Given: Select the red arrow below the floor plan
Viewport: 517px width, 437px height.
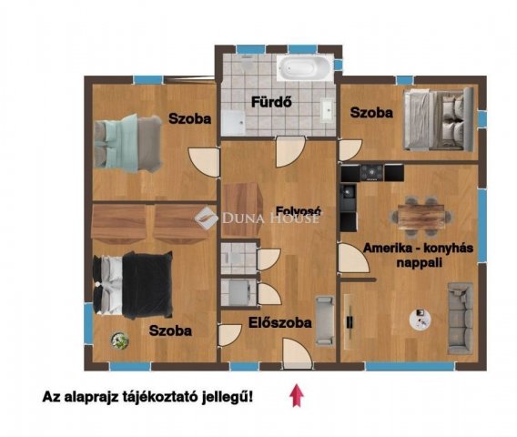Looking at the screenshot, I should pyautogui.click(x=294, y=396).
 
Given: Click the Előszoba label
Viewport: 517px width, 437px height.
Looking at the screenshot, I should pyautogui.click(x=280, y=321).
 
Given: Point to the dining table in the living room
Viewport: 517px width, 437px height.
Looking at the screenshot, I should pyautogui.click(x=422, y=216).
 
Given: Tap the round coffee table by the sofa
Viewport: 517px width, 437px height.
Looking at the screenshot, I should pyautogui.click(x=421, y=319).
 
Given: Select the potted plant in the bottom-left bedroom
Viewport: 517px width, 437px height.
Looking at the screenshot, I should pyautogui.click(x=120, y=340).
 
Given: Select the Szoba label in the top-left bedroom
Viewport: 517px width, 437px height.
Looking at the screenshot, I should pyautogui.click(x=189, y=119).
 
